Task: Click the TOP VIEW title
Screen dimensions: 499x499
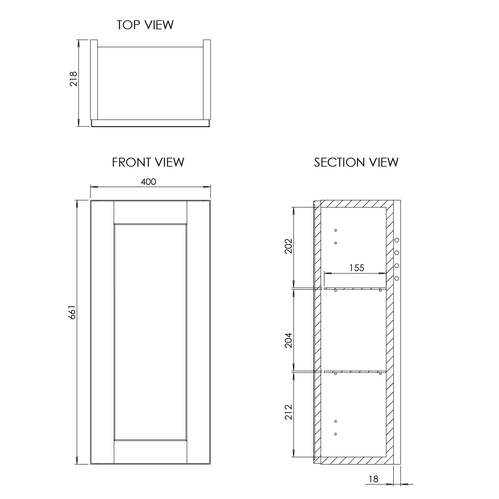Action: tap(145, 25)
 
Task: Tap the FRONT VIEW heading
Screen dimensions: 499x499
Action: tap(148, 162)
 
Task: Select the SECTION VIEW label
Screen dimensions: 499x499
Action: tap(356, 162)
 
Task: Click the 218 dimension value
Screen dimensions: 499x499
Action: tap(73, 79)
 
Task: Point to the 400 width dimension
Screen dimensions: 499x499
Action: tap(148, 182)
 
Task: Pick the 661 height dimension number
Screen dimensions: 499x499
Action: tap(73, 312)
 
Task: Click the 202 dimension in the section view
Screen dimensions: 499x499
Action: tap(288, 246)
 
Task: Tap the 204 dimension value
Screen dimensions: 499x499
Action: tap(288, 340)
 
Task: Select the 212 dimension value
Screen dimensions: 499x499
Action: tap(288, 412)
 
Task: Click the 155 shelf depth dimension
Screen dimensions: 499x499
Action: tap(357, 268)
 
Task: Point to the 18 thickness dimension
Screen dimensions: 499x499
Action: tap(374, 479)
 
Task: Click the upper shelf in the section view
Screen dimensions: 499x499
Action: tap(355, 288)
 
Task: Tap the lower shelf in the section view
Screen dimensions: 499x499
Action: tap(355, 372)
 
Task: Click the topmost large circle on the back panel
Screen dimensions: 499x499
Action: tap(397, 240)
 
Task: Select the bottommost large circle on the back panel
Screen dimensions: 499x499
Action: tap(397, 278)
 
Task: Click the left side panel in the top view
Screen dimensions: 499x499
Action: tap(94, 80)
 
